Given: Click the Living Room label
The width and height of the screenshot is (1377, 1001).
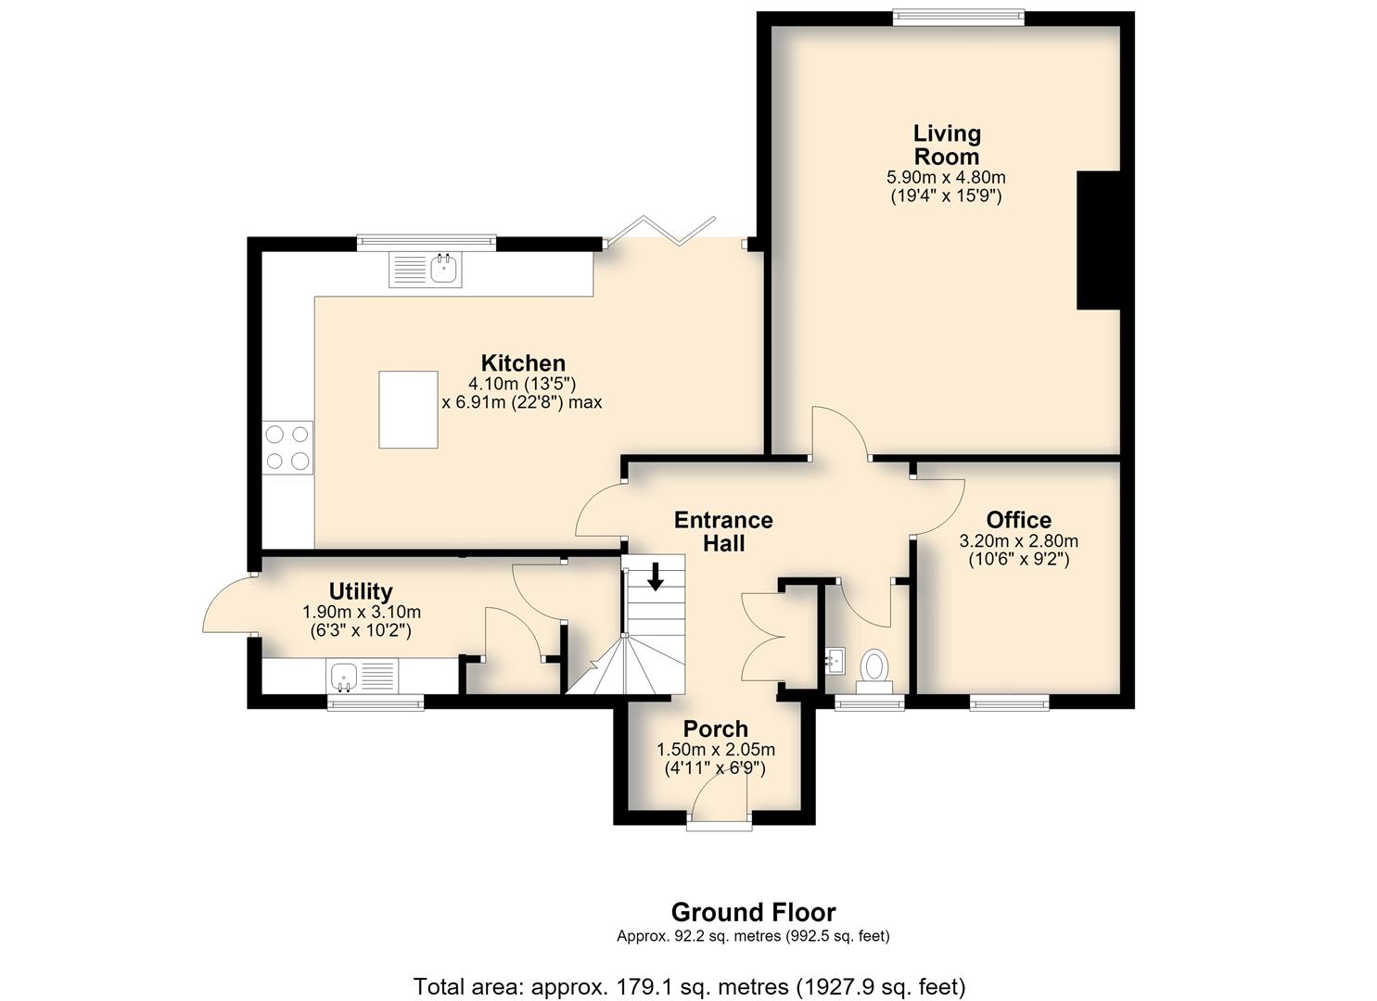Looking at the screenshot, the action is click(x=947, y=145).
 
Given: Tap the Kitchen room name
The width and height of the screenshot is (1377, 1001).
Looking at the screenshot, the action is click(x=523, y=363).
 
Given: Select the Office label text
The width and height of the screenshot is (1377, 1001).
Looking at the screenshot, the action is click(x=1019, y=520).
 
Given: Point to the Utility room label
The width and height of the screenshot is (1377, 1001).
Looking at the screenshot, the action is click(x=361, y=591).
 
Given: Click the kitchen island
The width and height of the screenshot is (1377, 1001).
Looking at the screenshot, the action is click(x=408, y=410).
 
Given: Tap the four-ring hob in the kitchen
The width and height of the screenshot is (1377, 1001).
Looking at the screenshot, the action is click(x=287, y=448).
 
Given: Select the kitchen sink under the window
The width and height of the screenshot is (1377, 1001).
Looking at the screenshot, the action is click(x=426, y=270).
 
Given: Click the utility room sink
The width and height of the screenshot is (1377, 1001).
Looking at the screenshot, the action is click(x=362, y=677).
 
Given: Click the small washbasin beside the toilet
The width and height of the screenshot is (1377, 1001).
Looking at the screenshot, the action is click(x=835, y=661).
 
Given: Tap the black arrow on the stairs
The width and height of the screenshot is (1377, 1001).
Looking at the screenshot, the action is click(x=656, y=577).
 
